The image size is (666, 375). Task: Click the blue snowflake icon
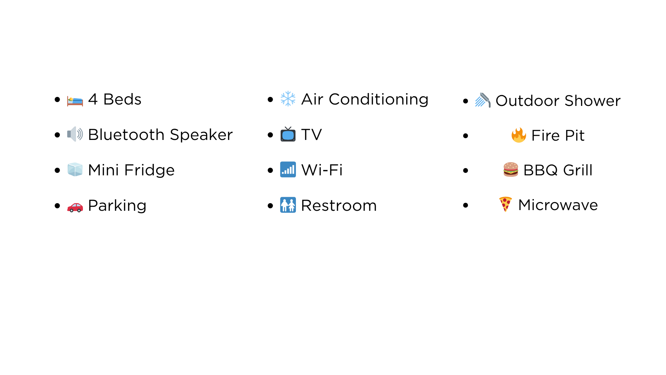pos(288,99)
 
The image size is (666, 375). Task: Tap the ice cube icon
pos(75,169)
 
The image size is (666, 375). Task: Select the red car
pos(75,207)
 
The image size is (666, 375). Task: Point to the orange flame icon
pos(519,135)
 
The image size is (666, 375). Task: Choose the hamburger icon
pos(511,169)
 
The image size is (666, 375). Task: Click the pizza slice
pos(505,204)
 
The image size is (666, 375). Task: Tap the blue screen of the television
pos(288,135)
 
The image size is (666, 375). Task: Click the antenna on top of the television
pos(288,128)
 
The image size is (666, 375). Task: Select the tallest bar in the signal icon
pos(293,169)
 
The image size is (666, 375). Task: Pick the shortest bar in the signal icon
pos(283,173)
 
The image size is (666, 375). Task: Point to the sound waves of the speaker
pos(80,134)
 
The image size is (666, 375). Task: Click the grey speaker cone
pos(72,134)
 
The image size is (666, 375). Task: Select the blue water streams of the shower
pos(480,102)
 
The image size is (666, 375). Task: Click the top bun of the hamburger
pos(511,165)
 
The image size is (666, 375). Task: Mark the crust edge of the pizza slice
pos(505,198)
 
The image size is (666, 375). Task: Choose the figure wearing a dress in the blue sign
pos(292,205)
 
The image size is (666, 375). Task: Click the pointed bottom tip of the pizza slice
pos(506,210)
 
